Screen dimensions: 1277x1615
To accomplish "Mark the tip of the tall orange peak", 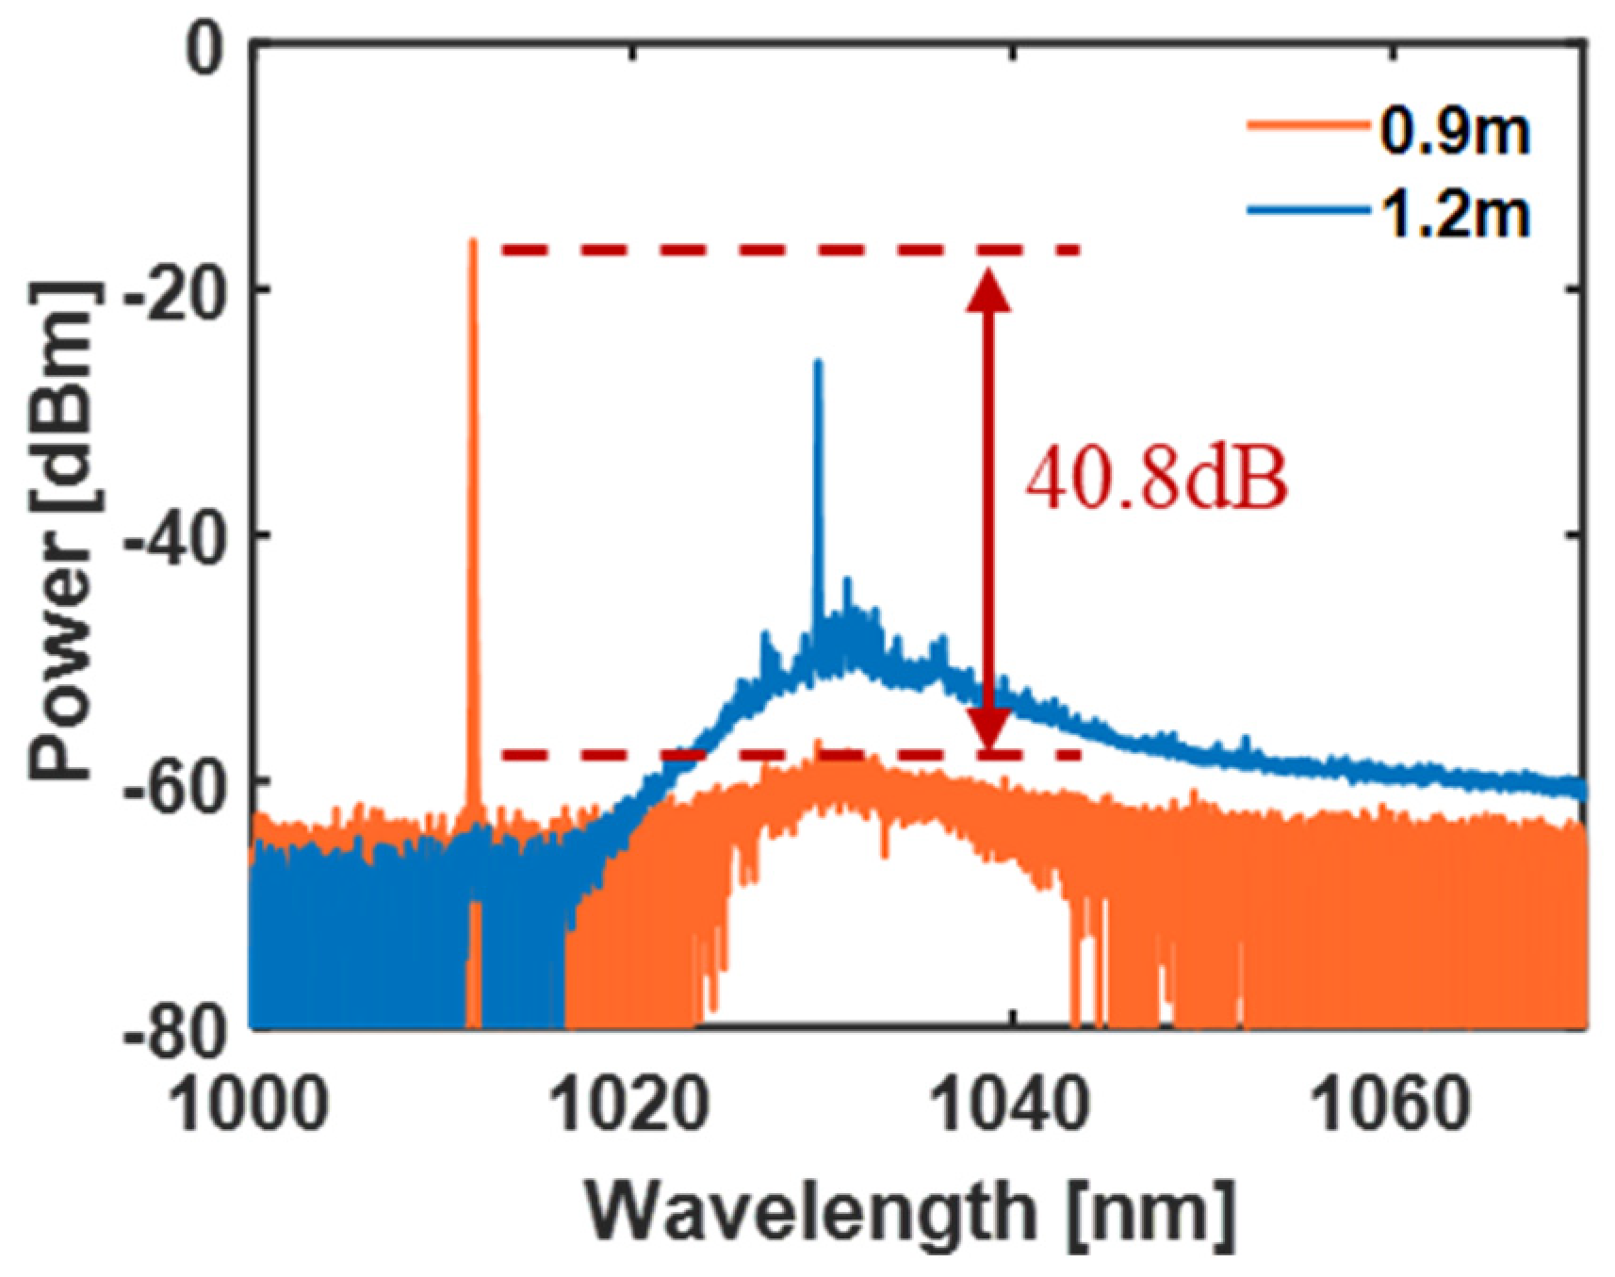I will tap(473, 241).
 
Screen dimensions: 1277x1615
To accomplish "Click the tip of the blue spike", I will tap(818, 362).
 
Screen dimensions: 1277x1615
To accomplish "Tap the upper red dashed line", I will tap(791, 251).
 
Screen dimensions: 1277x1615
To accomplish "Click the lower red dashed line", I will tap(791, 754).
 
